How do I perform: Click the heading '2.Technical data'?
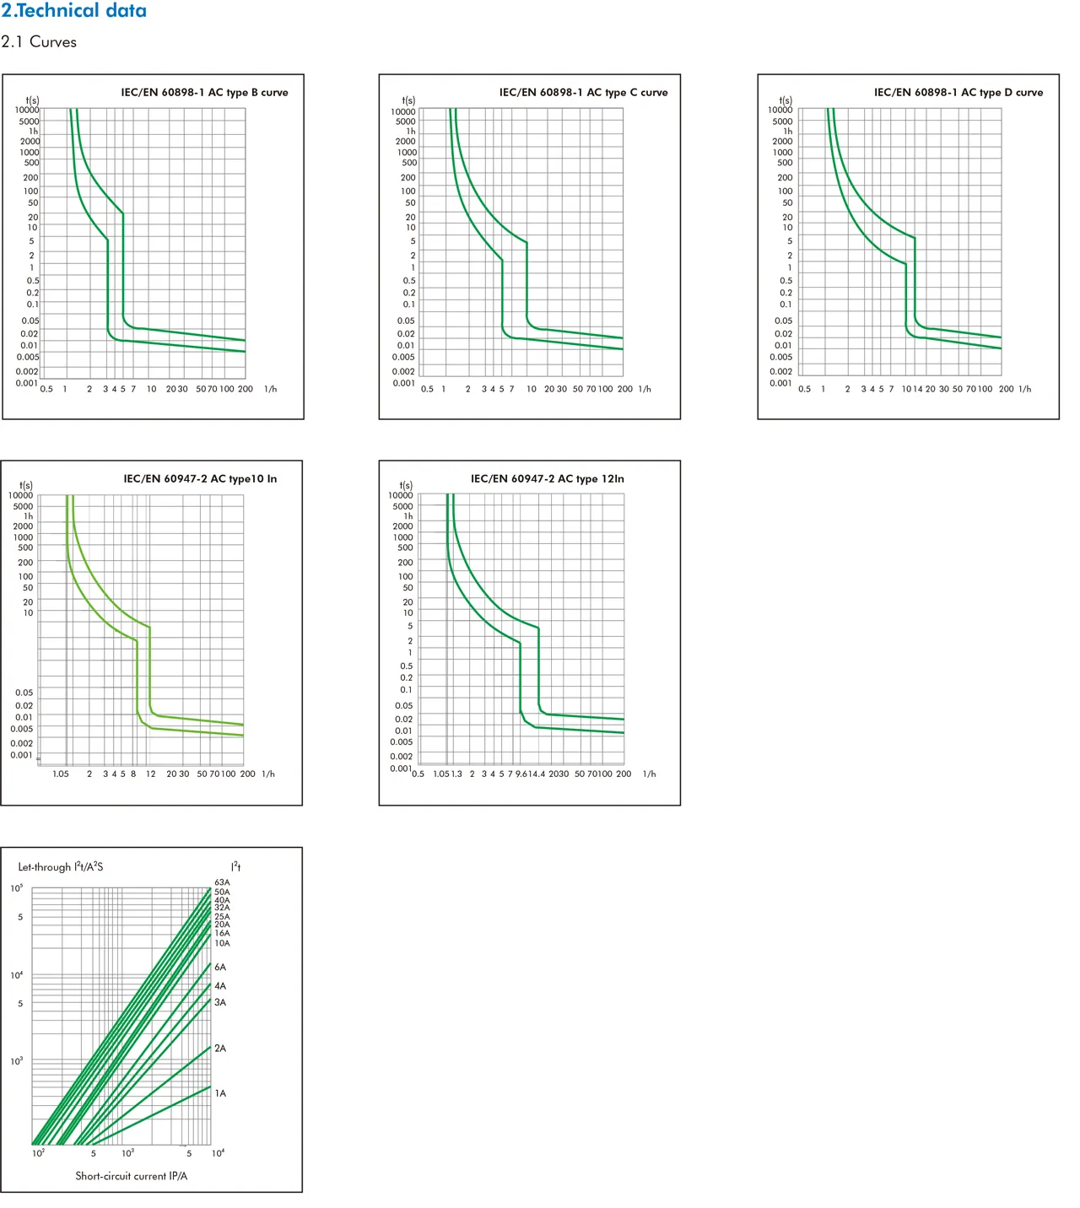[73, 11]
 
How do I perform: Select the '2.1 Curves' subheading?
[39, 42]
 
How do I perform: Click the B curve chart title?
[204, 93]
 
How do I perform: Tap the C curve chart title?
[583, 93]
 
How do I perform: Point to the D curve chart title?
[958, 93]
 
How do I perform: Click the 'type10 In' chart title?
[200, 479]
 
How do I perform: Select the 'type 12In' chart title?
[547, 479]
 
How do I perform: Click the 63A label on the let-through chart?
[222, 882]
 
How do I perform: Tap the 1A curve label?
[220, 1093]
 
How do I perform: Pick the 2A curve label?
[220, 1049]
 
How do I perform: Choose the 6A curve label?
[220, 968]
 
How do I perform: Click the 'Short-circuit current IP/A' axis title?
[132, 1176]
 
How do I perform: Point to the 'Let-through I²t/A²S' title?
[61, 867]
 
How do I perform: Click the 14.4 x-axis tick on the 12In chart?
[537, 774]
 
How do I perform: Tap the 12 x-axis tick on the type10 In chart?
[151, 774]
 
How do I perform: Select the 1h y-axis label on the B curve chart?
[34, 132]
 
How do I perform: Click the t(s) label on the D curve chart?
[786, 100]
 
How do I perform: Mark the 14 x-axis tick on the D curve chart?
[918, 390]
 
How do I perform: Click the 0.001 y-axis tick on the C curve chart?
[404, 384]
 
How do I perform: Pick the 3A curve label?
[220, 1003]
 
